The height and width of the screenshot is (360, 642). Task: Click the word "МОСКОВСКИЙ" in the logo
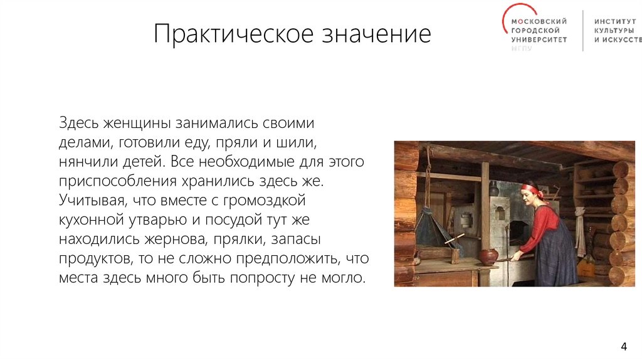point(540,21)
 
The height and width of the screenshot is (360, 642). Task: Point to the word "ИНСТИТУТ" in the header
point(615,21)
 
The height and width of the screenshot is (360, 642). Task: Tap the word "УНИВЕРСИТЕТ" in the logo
point(539,39)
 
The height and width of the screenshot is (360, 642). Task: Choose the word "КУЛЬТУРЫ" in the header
point(614,30)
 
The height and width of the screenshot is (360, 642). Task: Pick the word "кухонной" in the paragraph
point(88,221)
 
